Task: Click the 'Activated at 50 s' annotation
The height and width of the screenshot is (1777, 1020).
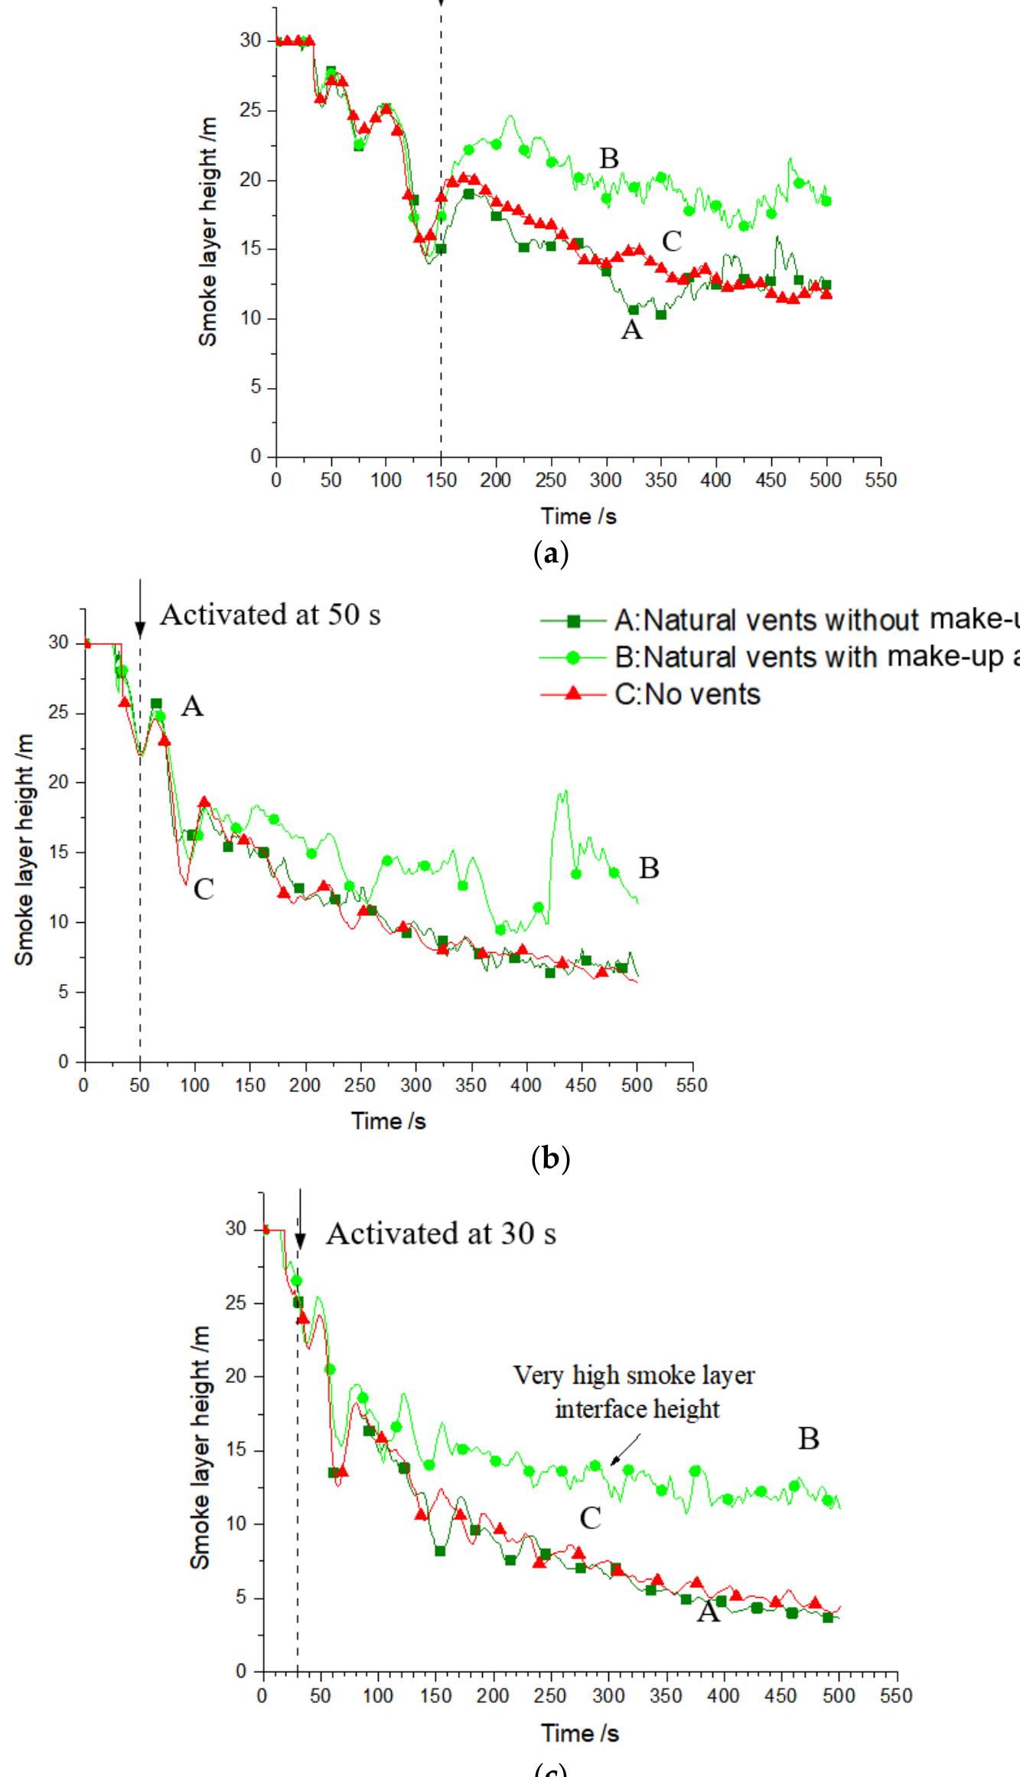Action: point(269,615)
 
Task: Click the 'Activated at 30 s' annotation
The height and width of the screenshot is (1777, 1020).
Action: point(441,1233)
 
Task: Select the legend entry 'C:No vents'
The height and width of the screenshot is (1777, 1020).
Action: point(687,694)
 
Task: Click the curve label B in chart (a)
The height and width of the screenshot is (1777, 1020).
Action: point(608,158)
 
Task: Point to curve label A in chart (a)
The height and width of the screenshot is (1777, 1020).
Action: point(631,330)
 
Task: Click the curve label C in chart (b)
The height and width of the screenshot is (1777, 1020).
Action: point(203,889)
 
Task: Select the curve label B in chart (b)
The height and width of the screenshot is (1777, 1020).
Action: point(648,869)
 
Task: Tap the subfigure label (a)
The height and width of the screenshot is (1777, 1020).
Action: point(549,553)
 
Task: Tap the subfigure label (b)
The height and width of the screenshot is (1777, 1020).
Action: point(549,1159)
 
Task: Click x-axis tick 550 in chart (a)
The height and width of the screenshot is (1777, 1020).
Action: point(881,480)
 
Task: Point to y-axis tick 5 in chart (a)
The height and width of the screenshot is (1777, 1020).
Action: point(256,388)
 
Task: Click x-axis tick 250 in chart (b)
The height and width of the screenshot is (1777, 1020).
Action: point(360,1085)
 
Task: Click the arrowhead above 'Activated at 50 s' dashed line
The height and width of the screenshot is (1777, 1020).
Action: point(139,630)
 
